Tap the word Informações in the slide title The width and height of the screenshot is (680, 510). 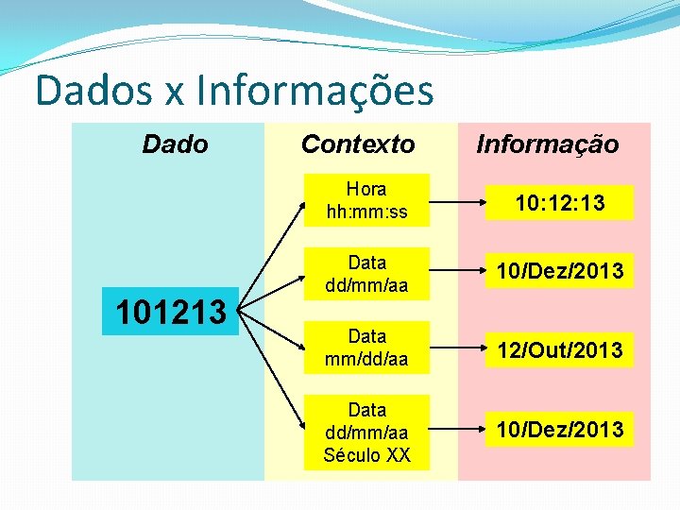click(x=315, y=92)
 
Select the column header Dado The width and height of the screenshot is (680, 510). click(x=175, y=144)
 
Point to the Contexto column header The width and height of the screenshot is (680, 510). click(x=358, y=144)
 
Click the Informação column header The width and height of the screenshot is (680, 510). click(x=548, y=144)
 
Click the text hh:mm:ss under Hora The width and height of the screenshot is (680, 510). click(x=366, y=212)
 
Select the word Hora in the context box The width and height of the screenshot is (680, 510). click(x=366, y=189)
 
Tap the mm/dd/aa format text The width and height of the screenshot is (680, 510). click(x=366, y=360)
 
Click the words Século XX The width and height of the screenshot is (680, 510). click(x=366, y=455)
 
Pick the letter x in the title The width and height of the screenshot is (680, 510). click(x=173, y=94)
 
